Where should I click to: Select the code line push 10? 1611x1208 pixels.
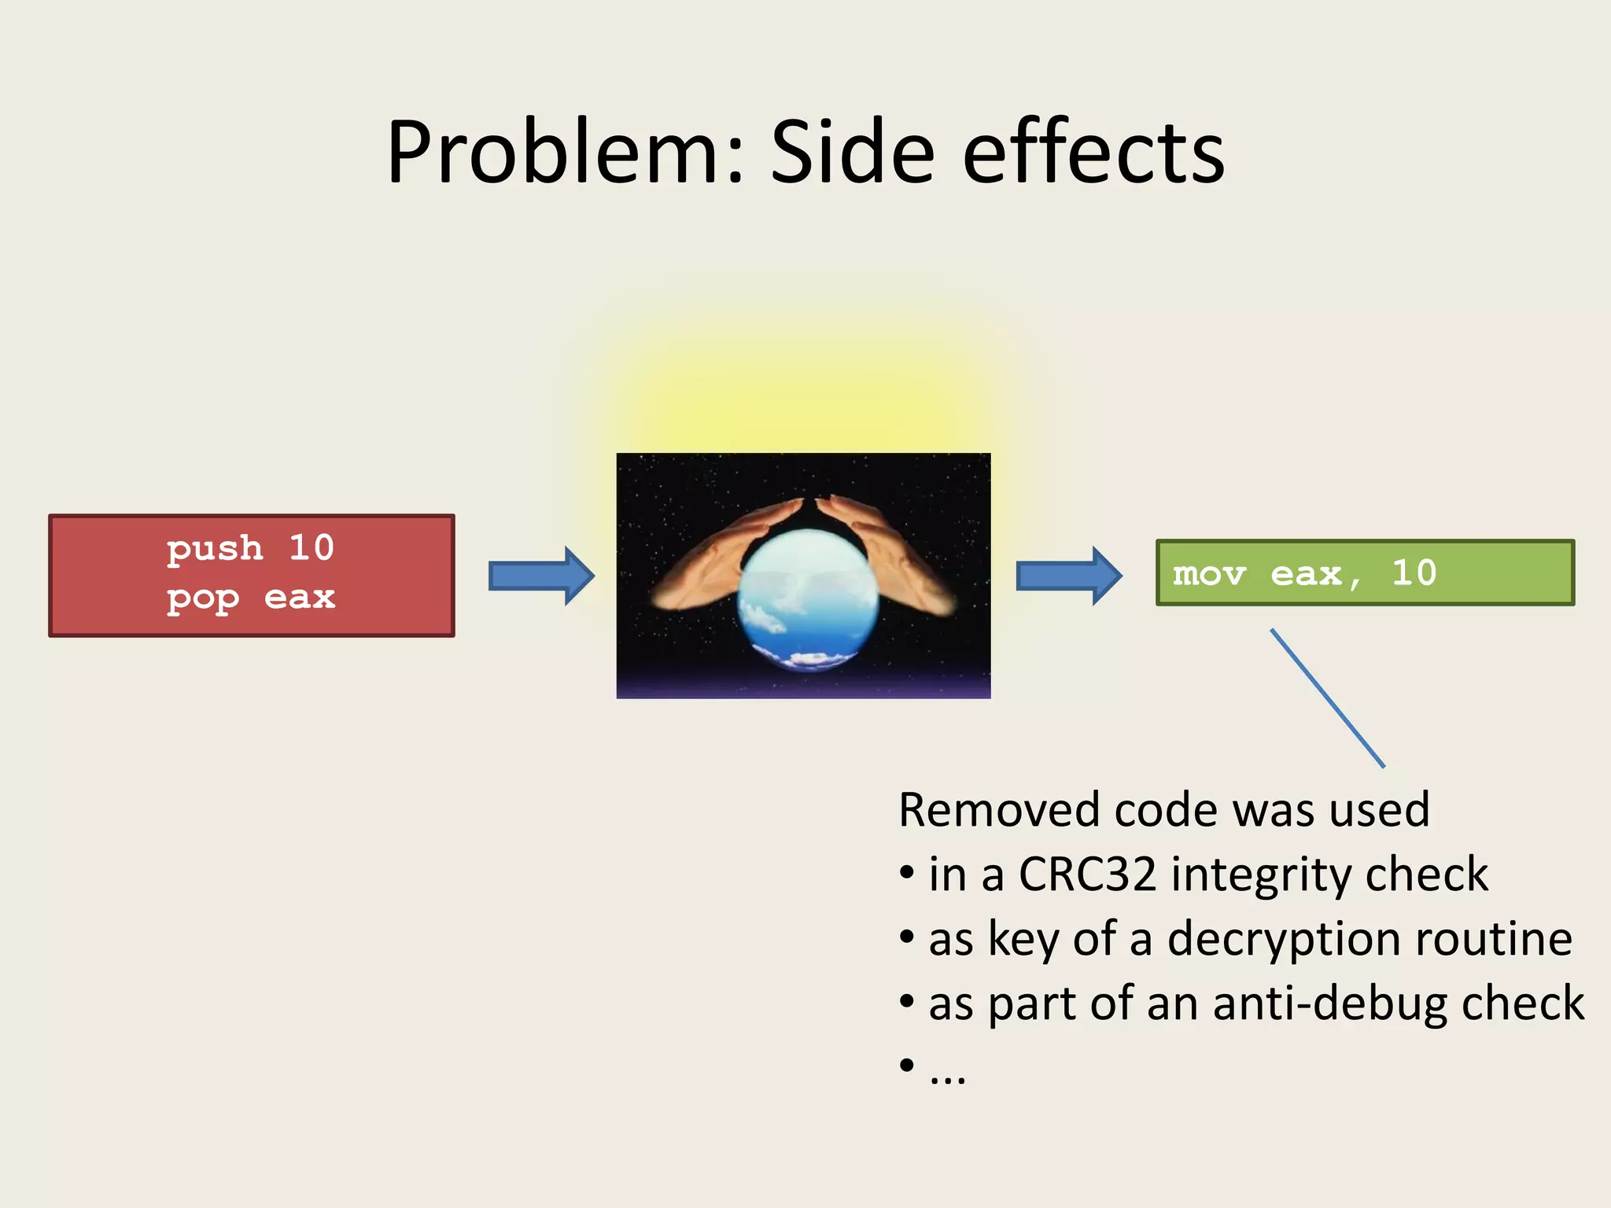pos(250,548)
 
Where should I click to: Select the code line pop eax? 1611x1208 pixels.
pos(250,598)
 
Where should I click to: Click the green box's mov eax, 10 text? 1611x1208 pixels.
pos(1304,573)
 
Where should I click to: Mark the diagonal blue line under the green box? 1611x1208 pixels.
pos(1327,698)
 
